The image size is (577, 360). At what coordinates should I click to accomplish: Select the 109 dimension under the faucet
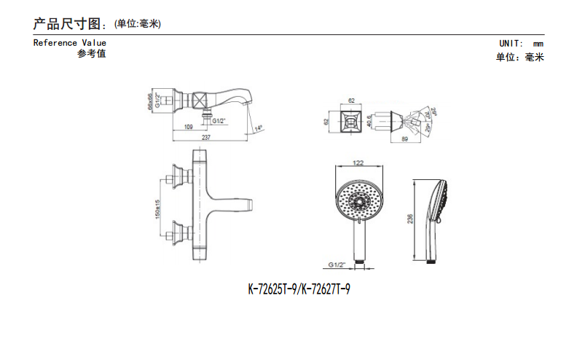[x=189, y=128]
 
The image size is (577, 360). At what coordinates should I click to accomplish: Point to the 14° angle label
[x=258, y=129]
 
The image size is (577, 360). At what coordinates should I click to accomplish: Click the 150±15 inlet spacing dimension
[x=158, y=208]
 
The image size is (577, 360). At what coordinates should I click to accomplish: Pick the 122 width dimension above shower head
[x=358, y=163]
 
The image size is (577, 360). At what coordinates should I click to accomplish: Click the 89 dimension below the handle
[x=404, y=137]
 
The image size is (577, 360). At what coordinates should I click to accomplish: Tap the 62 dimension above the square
[x=351, y=101]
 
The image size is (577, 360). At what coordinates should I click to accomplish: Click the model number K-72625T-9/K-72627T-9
[x=299, y=289]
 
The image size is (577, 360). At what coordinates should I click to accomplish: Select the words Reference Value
[x=70, y=43]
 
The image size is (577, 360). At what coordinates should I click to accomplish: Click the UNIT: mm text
[x=521, y=44]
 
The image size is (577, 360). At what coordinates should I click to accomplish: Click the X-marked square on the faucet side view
[x=201, y=99]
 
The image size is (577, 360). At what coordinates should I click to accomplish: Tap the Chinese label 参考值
[x=91, y=54]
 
